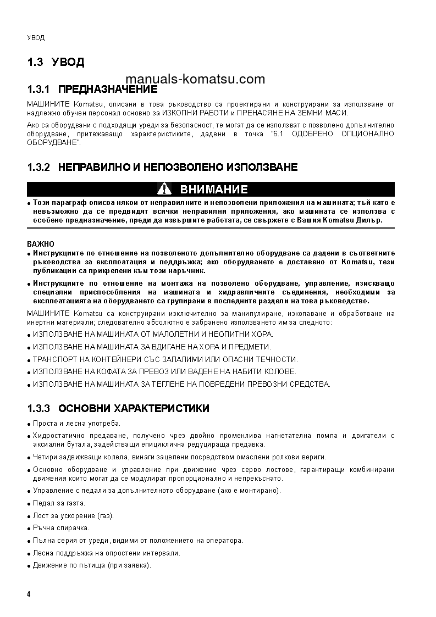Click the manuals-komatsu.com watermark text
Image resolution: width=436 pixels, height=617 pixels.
(x=195, y=79)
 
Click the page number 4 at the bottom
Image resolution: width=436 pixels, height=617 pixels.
(x=29, y=595)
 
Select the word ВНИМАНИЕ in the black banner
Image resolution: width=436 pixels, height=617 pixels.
(x=214, y=190)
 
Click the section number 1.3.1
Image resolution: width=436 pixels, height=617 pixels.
(x=38, y=89)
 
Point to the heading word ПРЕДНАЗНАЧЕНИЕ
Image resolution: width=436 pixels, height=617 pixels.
(x=108, y=89)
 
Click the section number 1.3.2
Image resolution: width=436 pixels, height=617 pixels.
(x=38, y=167)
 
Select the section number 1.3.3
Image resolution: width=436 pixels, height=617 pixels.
(x=38, y=408)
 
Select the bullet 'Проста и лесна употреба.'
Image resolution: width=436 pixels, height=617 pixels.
(x=76, y=423)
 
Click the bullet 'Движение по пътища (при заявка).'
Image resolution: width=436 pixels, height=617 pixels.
(x=92, y=565)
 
